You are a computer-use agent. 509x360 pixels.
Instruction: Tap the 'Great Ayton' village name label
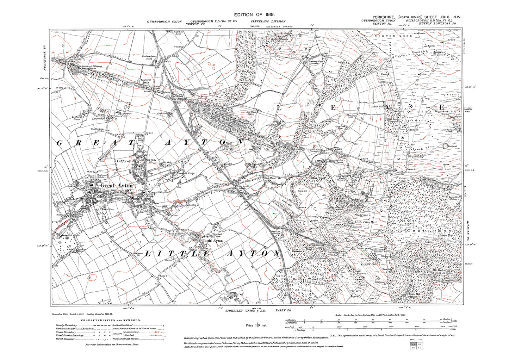point(116,185)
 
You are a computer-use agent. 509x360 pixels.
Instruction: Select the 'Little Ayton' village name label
point(213,241)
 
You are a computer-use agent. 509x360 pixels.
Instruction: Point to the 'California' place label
point(124,161)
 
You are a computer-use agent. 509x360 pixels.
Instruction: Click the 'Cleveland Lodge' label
point(186,173)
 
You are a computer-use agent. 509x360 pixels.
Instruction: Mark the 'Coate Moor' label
point(432,230)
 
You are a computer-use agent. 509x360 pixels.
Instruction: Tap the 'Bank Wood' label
point(318,178)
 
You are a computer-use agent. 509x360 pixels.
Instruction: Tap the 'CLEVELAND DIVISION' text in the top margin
point(268,21)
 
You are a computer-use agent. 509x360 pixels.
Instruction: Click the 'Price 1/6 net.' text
point(256,325)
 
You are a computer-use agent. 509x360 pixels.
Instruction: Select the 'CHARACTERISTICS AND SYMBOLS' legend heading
point(111,320)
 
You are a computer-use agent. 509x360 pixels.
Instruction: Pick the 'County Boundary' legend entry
point(66,325)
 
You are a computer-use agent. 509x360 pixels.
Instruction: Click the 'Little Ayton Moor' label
point(366,222)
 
